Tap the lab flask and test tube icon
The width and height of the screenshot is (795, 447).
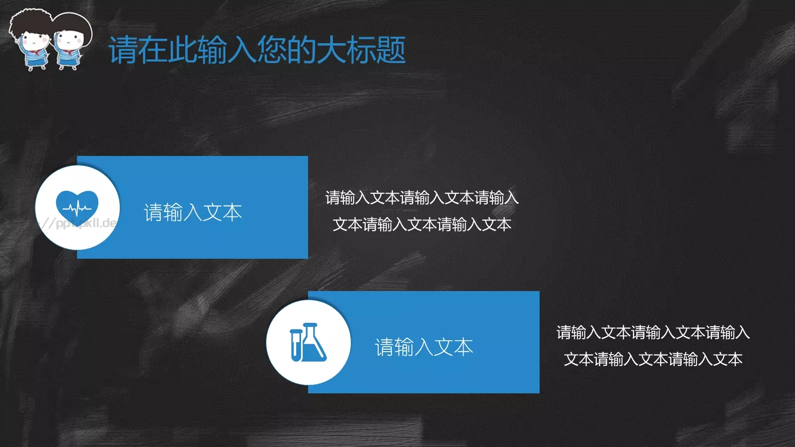(308, 342)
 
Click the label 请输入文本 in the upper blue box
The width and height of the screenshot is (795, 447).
(193, 213)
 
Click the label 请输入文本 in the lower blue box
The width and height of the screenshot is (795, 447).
(424, 347)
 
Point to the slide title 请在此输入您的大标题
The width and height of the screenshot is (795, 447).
(257, 50)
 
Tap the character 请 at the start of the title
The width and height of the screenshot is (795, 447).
(123, 50)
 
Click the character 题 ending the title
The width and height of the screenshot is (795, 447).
(391, 50)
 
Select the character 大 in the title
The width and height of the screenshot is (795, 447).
(331, 50)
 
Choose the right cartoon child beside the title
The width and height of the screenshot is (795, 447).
(70, 42)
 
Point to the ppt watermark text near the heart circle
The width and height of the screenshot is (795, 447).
(79, 223)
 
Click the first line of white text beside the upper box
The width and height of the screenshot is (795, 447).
(422, 198)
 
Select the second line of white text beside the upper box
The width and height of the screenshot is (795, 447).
(422, 224)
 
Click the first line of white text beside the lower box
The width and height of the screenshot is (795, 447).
(653, 332)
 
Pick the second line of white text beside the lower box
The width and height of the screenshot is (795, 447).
(653, 359)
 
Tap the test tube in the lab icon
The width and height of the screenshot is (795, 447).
(296, 344)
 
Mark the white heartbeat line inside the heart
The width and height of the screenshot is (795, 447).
(77, 208)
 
